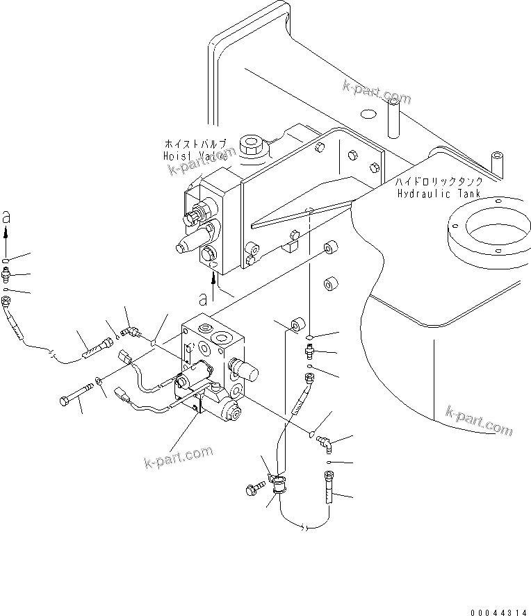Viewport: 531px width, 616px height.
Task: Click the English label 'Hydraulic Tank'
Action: [x=439, y=193]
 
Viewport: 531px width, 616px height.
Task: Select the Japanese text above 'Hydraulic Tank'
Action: [x=438, y=181]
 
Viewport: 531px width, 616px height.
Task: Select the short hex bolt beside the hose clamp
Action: [x=254, y=490]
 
